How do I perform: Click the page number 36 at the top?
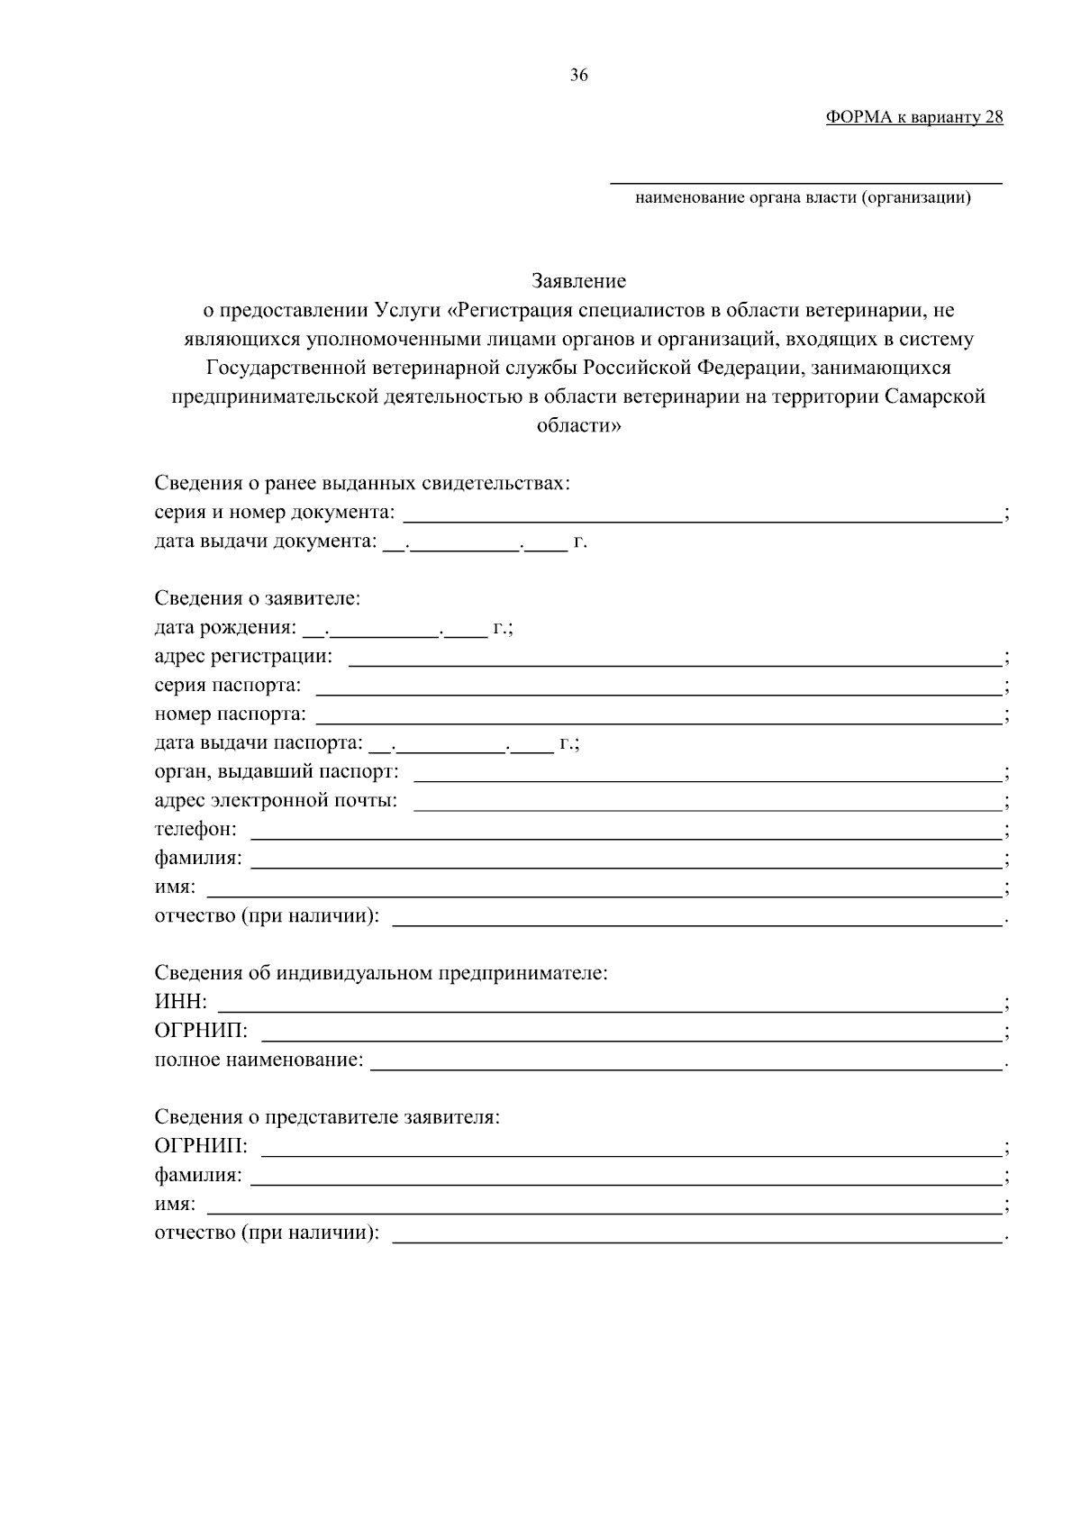[578, 76]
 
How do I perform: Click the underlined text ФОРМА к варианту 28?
[913, 118]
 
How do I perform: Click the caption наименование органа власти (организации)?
[803, 198]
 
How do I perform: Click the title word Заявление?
[578, 282]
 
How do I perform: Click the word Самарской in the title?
[935, 397]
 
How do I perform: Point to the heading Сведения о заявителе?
[258, 599]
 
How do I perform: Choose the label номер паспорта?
[230, 715]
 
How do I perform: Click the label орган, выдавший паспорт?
[277, 773]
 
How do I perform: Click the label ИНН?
[180, 1003]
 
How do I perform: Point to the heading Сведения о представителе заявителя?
[327, 1118]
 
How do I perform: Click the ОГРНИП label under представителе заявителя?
[201, 1147]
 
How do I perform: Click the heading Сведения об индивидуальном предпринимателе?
[381, 974]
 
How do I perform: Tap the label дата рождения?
[224, 629]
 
